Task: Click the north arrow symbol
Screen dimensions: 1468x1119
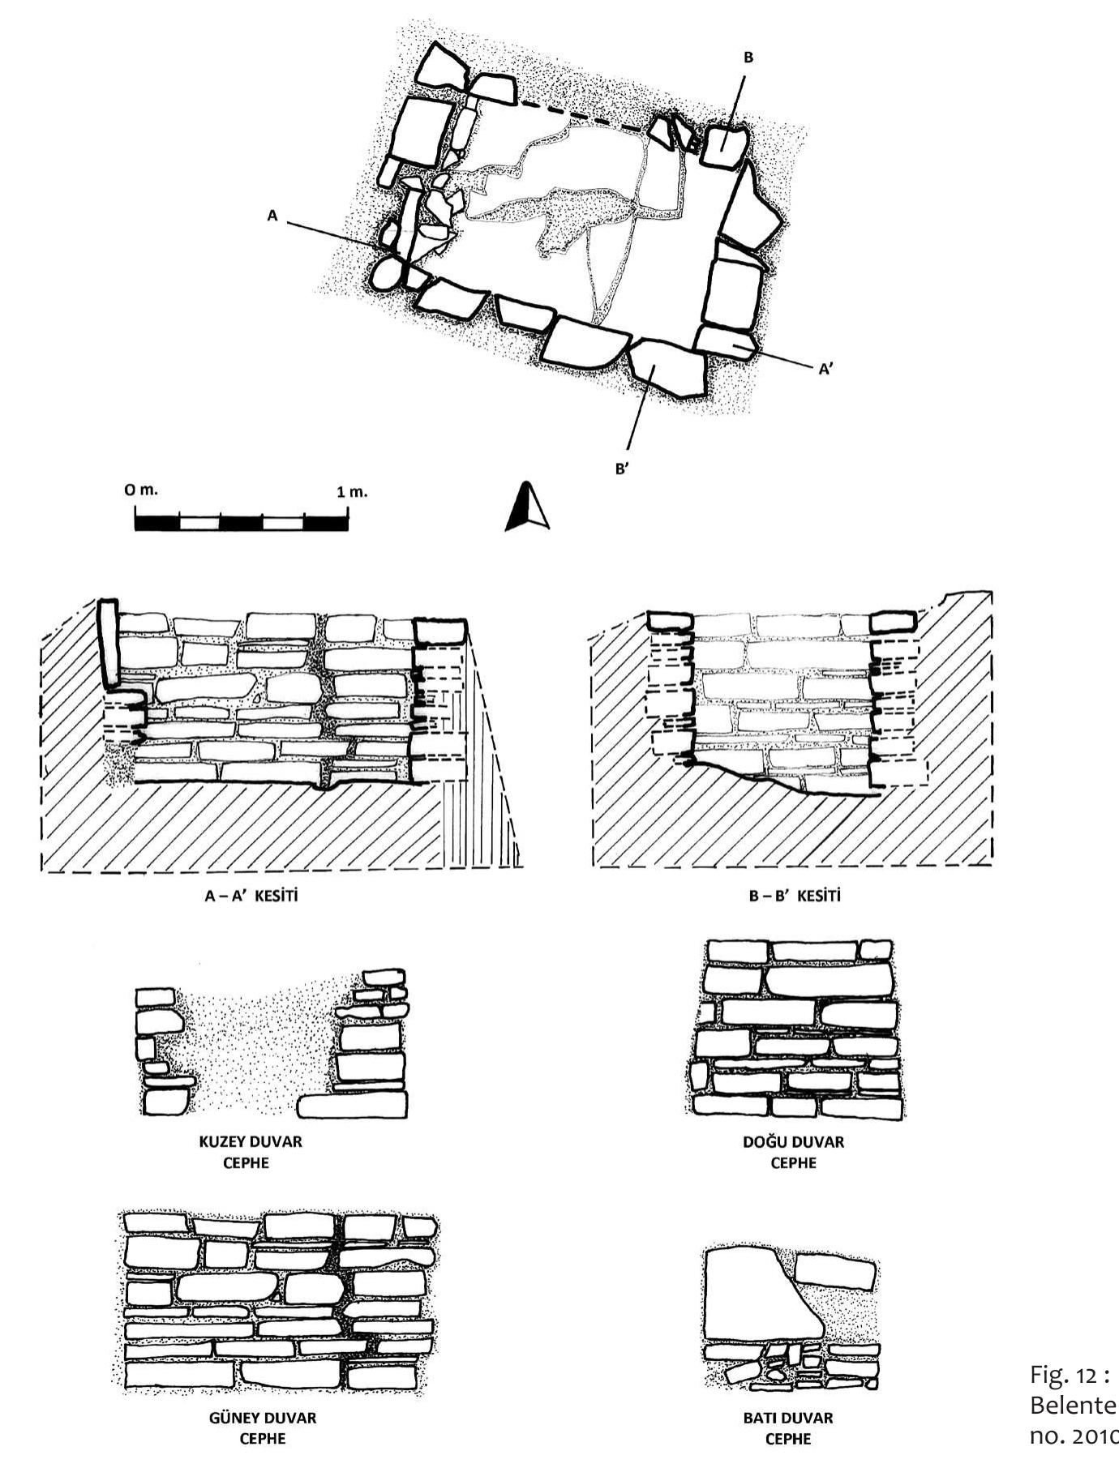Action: point(527,508)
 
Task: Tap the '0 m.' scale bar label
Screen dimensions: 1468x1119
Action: point(141,490)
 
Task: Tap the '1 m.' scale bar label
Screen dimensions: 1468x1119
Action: point(352,491)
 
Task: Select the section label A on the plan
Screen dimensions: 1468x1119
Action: point(272,216)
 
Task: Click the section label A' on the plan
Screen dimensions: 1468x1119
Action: point(825,370)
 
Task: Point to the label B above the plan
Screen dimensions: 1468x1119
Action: point(748,58)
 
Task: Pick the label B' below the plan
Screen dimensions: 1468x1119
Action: point(622,469)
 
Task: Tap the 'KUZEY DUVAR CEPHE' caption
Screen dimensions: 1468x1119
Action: point(251,1152)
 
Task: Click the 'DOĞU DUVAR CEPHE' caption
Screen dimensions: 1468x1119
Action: point(793,1152)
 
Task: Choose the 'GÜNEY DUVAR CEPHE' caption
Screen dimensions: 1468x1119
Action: point(263,1428)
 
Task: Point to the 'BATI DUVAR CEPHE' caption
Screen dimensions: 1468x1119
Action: point(787,1428)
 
